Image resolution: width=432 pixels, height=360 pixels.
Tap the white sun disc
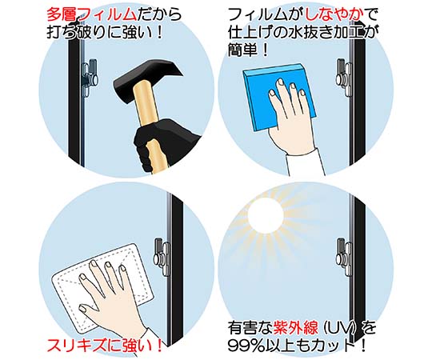[266, 216]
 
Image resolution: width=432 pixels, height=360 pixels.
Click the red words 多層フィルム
[91, 15]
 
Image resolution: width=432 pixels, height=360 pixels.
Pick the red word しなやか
[334, 15]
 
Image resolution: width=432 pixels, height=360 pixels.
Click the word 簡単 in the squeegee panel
[242, 50]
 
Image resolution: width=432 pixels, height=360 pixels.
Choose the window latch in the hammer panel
[90, 78]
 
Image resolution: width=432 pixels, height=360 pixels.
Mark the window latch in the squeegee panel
[345, 77]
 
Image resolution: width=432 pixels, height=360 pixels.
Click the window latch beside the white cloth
[162, 257]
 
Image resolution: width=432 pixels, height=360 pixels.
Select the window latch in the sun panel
[345, 257]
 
